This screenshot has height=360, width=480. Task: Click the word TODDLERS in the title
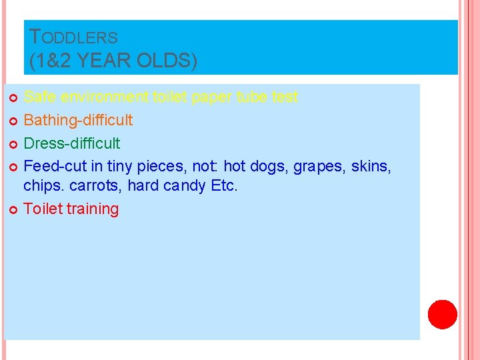[x=74, y=38]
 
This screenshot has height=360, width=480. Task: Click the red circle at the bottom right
[x=442, y=314]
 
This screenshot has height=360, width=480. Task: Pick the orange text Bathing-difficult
[x=78, y=120]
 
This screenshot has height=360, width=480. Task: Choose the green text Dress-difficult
[x=72, y=143]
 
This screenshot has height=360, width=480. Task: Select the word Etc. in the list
[x=224, y=186]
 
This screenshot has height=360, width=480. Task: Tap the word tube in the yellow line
[x=253, y=97]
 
